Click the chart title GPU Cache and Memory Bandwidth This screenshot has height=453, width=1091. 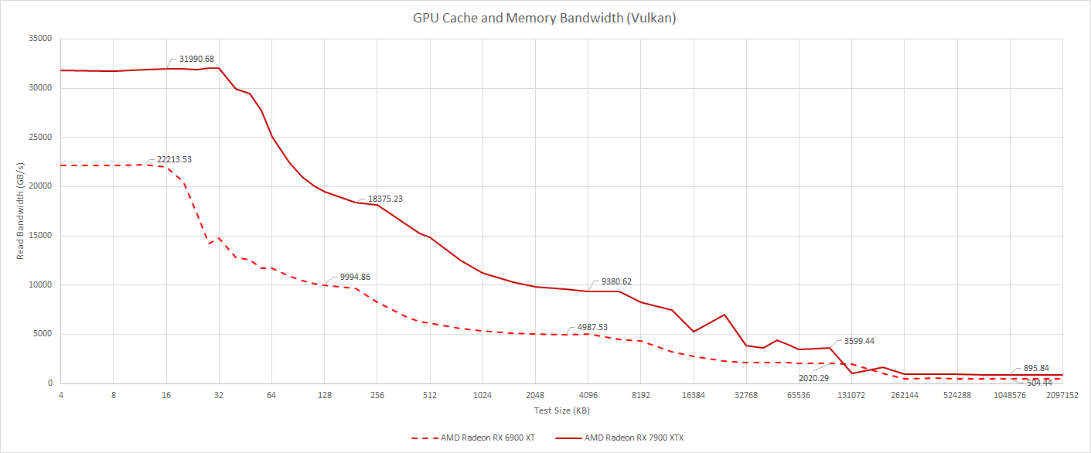[544, 18]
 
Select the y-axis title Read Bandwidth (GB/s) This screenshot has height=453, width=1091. [22, 210]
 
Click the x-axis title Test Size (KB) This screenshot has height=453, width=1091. [561, 410]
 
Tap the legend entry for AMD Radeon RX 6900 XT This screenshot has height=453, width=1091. [472, 438]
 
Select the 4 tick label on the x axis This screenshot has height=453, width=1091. [61, 395]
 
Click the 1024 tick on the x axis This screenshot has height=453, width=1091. [482, 395]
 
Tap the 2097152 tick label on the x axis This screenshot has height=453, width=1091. [1062, 395]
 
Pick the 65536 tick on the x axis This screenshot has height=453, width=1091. [799, 395]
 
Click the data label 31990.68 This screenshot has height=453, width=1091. [196, 59]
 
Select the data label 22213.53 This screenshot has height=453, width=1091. [174, 159]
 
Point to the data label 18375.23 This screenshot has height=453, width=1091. [385, 199]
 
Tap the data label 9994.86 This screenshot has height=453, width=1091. [360, 277]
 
